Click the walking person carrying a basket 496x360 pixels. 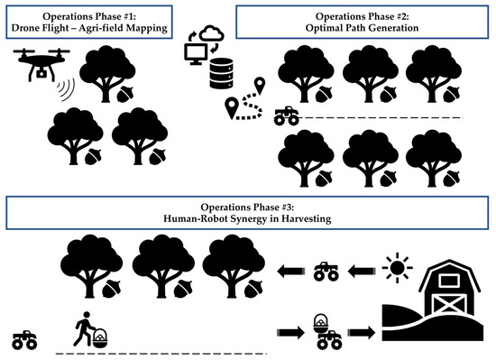[x=85, y=333]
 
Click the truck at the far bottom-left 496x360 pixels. [x=25, y=341]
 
